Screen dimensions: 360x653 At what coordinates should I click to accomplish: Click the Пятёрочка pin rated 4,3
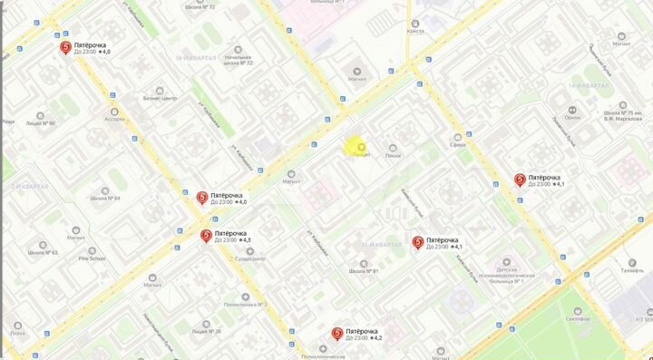coord(208,236)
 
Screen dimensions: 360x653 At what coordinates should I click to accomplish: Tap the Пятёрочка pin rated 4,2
coord(337,335)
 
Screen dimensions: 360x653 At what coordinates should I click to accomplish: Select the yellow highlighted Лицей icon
coord(361,147)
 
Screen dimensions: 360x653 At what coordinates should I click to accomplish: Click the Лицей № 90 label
coord(40,123)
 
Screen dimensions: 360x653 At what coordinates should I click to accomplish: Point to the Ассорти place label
coord(114,119)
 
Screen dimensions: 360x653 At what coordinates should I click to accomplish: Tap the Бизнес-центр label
coord(160,98)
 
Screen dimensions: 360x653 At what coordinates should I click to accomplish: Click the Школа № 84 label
coord(105,198)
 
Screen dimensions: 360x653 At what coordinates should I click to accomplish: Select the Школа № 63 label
coord(42,253)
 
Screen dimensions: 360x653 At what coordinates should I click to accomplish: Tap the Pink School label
coord(91,258)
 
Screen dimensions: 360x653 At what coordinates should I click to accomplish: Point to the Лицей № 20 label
coord(206,331)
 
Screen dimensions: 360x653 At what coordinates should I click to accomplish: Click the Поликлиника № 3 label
coord(245,305)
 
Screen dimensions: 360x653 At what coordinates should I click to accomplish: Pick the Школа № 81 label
coord(363,271)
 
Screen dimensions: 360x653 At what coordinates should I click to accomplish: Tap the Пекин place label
coord(393,156)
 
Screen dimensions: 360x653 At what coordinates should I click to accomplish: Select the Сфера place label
coord(458,144)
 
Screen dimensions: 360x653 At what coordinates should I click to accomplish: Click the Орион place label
coord(572,116)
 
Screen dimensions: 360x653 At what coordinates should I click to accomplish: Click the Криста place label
coord(416,31)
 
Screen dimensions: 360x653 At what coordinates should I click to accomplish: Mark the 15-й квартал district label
coord(381,245)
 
